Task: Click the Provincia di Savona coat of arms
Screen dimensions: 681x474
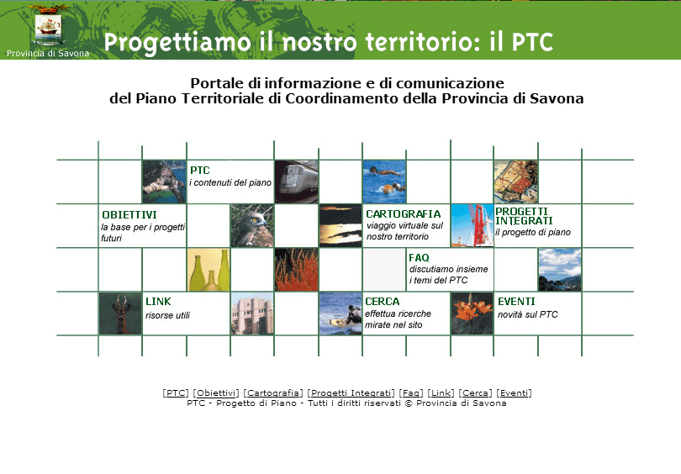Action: click(x=48, y=26)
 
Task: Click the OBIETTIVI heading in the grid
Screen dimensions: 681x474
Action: click(x=129, y=215)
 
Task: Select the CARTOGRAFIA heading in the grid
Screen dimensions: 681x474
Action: click(x=403, y=214)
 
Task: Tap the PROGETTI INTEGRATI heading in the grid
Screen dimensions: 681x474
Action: click(x=524, y=216)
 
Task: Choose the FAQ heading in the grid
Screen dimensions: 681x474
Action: click(x=419, y=258)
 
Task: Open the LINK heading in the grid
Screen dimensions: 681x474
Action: click(x=158, y=302)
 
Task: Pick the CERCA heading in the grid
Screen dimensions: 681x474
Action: click(x=383, y=302)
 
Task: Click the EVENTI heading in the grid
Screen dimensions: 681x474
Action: click(x=516, y=302)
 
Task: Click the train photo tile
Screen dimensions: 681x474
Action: click(x=296, y=182)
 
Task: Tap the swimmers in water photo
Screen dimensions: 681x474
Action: click(x=384, y=182)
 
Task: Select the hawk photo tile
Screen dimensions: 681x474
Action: click(x=252, y=226)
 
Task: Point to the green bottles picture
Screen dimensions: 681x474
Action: click(x=209, y=270)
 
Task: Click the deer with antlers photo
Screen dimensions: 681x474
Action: click(x=120, y=313)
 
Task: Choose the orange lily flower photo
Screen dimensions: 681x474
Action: click(x=472, y=313)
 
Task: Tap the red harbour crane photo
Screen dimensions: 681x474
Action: click(x=472, y=226)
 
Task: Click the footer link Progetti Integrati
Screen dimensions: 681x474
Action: click(x=351, y=392)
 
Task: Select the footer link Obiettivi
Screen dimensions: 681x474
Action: click(x=216, y=392)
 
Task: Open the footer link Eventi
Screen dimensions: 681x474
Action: click(x=514, y=392)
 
